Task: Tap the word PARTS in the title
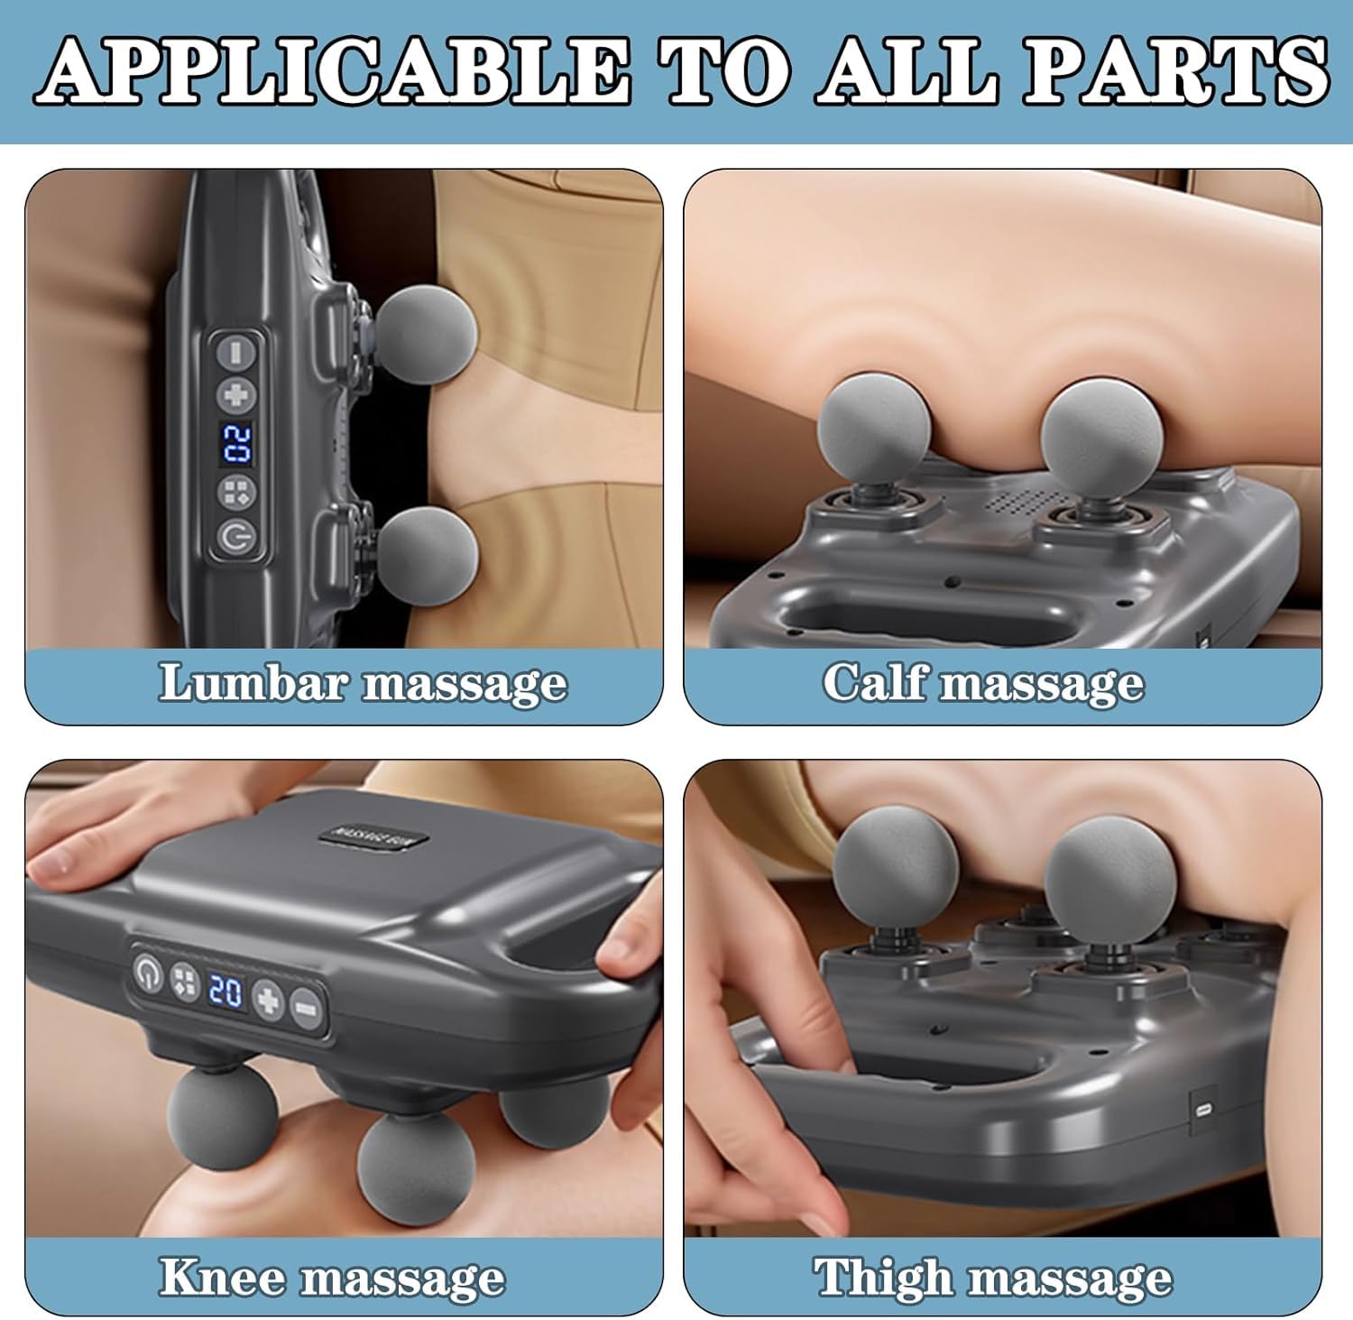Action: tap(1174, 70)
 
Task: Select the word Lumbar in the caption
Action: tap(252, 682)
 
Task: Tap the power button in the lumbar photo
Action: tap(236, 537)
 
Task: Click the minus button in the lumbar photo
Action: tap(236, 351)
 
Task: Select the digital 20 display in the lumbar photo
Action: tap(236, 443)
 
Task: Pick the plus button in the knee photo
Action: tap(268, 999)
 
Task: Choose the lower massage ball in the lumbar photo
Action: tap(427, 552)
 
